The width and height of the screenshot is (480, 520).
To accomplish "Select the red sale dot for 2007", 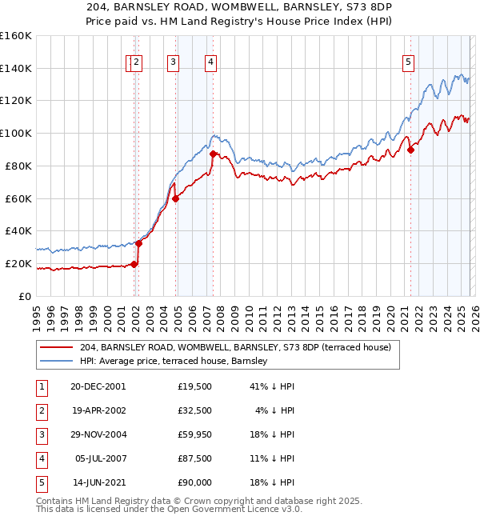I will (x=214, y=153).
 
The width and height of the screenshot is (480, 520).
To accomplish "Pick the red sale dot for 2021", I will (x=410, y=149).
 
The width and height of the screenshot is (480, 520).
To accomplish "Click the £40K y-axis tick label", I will (x=18, y=230).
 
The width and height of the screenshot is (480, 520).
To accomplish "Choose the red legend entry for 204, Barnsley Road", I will (x=235, y=347).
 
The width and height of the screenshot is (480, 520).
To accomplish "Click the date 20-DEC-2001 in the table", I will (x=98, y=386).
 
